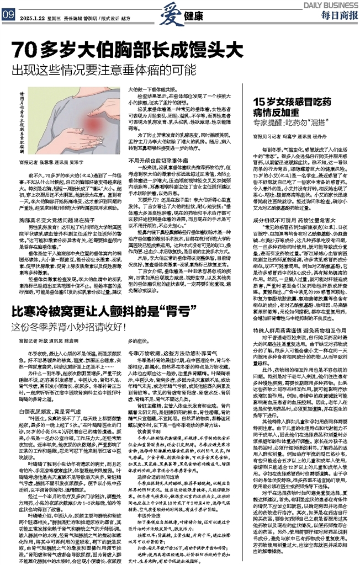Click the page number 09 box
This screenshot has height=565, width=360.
pos(8,17)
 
